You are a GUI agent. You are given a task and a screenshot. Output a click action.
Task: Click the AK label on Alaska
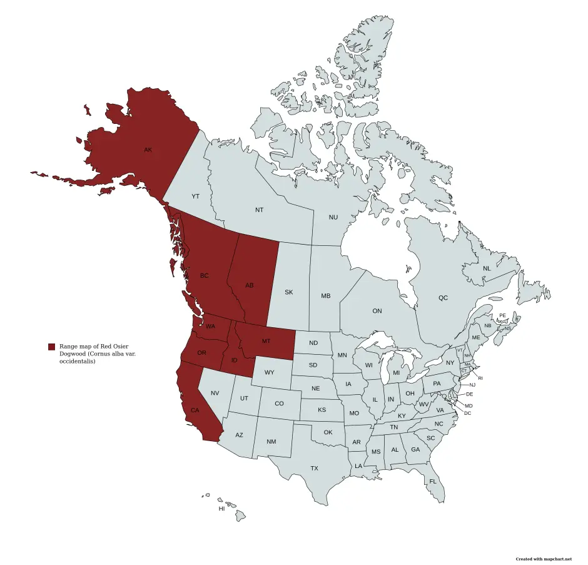[148, 150]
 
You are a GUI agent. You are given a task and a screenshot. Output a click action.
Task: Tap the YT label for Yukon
[195, 196]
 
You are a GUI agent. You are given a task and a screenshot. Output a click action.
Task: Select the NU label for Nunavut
[333, 217]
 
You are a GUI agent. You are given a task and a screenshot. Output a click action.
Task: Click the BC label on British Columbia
[205, 276]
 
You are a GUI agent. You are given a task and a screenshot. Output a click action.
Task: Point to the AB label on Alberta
[250, 286]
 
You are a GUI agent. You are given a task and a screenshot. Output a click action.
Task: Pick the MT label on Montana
[266, 341]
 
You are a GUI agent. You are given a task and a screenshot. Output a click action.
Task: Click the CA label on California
[195, 410]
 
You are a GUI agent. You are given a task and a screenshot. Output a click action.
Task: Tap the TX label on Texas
[314, 468]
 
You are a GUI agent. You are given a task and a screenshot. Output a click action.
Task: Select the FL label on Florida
[432, 481]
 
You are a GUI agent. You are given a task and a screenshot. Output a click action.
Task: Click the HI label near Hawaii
[221, 509]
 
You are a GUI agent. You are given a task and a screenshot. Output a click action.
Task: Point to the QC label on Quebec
[443, 298]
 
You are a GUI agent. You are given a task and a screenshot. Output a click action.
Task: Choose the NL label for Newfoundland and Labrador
[487, 268]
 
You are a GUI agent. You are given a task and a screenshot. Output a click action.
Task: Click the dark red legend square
[51, 347]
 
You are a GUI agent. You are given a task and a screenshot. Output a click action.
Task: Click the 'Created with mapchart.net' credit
[544, 559]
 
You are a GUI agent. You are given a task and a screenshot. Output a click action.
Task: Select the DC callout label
[468, 414]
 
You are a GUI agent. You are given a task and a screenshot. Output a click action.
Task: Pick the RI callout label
[480, 378]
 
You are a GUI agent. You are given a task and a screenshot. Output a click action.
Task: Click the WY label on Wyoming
[270, 373]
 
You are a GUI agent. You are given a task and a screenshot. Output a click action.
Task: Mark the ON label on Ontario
[377, 311]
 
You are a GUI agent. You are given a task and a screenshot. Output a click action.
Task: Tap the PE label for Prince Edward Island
[502, 315]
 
